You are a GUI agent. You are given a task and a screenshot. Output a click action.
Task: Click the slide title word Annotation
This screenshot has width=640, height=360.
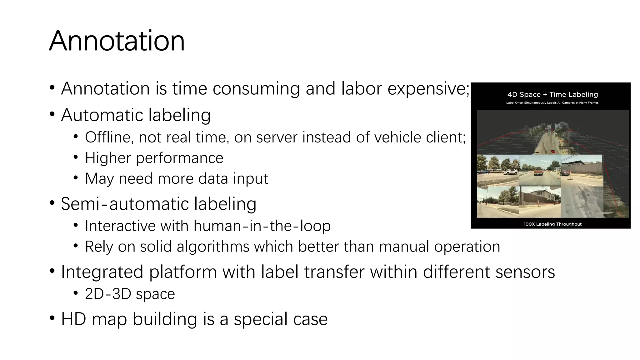click(117, 41)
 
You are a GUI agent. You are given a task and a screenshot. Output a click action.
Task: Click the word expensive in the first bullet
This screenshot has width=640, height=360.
click(428, 89)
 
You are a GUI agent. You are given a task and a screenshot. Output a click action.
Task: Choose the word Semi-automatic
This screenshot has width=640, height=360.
click(124, 204)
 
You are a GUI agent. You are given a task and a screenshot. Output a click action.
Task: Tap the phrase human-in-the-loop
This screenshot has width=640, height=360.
click(262, 226)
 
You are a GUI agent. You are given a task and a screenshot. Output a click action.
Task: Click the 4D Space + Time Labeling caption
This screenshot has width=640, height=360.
click(552, 95)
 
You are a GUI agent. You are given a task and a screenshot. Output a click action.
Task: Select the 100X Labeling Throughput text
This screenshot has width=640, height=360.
click(552, 224)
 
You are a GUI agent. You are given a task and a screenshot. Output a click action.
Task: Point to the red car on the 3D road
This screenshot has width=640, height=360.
click(553, 152)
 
